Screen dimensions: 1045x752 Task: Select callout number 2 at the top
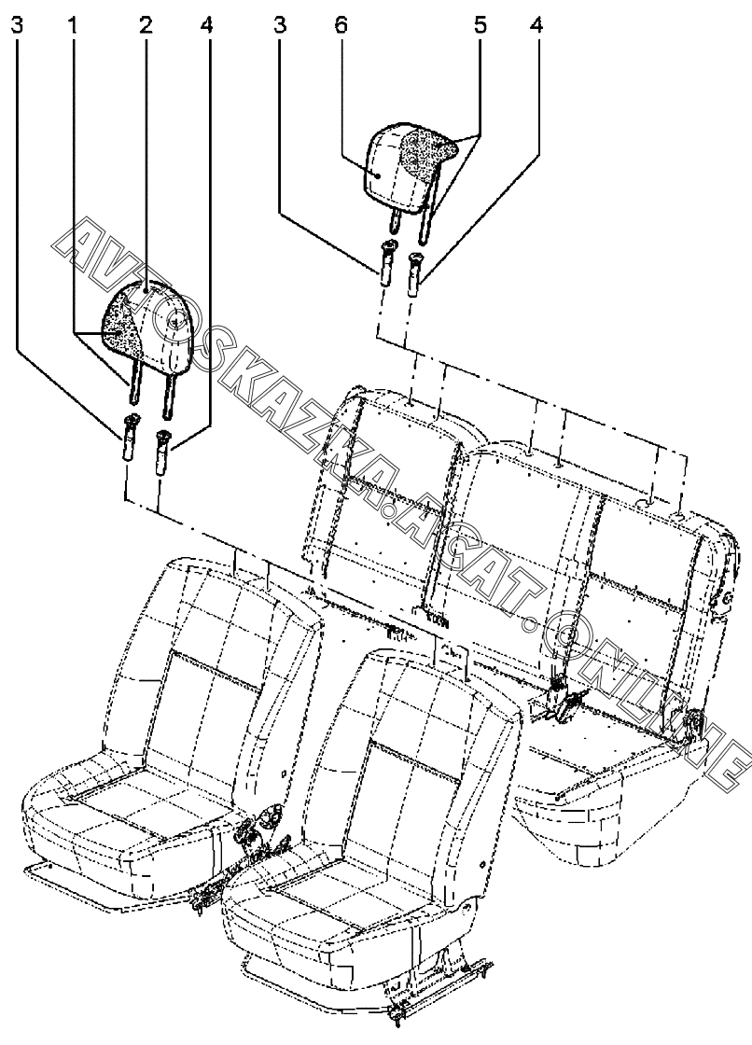146,25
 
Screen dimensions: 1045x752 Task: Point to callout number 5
480,25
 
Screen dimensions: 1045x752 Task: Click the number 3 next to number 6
279,25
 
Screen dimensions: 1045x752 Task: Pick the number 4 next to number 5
536,25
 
